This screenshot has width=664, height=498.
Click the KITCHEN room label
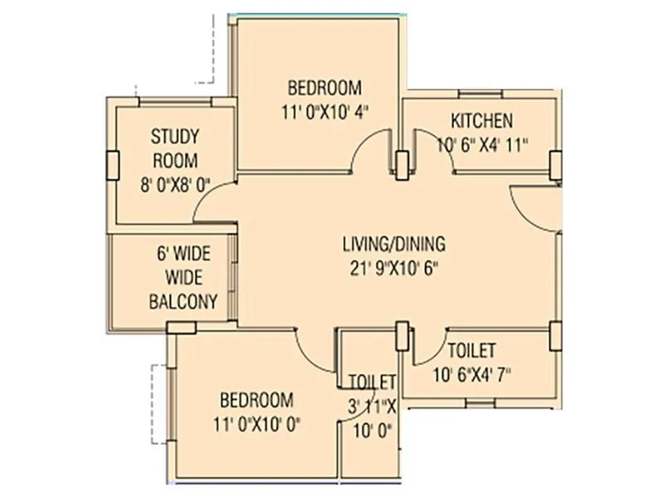point(481,120)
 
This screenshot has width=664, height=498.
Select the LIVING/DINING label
point(394,244)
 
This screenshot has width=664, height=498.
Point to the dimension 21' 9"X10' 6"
point(394,266)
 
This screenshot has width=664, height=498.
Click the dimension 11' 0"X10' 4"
point(325,110)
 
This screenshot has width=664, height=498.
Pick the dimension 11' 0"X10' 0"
point(255,422)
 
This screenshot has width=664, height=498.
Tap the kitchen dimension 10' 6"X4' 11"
point(482,143)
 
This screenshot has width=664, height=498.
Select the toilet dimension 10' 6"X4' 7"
point(471,373)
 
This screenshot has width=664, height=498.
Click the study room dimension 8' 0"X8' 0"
point(175,184)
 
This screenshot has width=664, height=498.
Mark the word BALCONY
point(183,301)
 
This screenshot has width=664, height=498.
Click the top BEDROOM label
point(325,87)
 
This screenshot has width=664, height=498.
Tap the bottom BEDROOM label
point(255,398)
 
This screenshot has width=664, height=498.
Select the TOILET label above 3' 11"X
point(372,383)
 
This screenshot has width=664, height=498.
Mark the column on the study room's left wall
point(110,166)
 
